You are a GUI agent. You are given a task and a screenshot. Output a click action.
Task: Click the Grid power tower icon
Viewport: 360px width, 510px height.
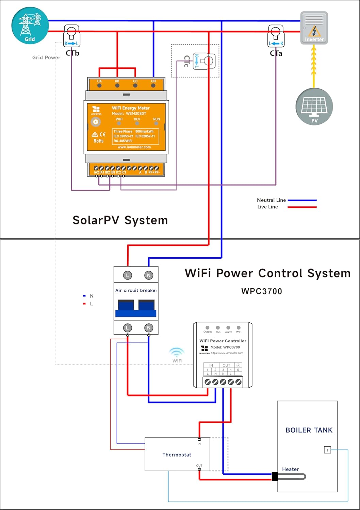pos(30,26)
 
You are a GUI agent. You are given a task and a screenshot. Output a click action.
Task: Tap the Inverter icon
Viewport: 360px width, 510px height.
pos(314,28)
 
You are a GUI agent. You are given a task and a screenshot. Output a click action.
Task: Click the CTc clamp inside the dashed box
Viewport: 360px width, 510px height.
pos(204,61)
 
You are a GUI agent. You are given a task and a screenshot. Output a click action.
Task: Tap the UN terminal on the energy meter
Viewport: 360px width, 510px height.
pos(153,85)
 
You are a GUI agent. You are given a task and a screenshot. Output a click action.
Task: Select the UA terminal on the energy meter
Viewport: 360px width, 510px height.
pos(99,85)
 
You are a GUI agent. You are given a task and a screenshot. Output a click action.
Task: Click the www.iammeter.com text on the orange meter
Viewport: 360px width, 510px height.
pos(134,147)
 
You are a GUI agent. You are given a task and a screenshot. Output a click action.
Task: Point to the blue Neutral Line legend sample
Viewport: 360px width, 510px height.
pos(302,200)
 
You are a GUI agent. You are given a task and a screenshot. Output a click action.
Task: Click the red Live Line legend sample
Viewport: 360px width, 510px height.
pos(302,207)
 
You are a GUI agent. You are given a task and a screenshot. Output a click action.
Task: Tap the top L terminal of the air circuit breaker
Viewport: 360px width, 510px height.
pos(127,275)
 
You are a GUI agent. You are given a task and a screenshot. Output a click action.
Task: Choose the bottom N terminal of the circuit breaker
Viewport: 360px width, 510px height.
pos(148,328)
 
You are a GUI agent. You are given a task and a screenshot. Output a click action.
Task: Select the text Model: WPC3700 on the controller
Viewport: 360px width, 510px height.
pos(225,347)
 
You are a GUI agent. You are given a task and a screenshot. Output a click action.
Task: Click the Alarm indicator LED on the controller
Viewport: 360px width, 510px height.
pos(228,328)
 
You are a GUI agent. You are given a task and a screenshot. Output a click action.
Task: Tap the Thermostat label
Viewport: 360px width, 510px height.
pos(177,455)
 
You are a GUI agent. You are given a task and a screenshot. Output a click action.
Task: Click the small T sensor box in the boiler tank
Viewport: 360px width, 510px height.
pos(327,450)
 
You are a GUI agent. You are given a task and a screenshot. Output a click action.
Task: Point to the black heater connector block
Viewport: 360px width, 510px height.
pos(275,477)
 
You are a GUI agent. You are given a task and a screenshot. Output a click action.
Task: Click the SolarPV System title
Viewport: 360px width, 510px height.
pos(120,220)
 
